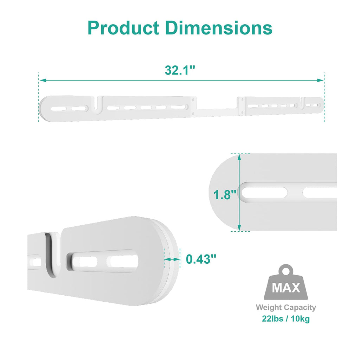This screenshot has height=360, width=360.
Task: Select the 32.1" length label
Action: (180, 70)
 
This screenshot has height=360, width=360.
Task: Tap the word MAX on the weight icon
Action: (286, 288)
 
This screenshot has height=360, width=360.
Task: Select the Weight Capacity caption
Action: (285, 308)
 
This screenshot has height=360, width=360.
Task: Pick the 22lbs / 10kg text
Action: (285, 319)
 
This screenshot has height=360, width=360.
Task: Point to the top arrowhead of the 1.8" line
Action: (239, 156)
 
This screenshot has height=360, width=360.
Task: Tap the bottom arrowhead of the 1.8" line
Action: (239, 228)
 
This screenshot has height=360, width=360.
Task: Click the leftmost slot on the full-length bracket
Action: (57, 108)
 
